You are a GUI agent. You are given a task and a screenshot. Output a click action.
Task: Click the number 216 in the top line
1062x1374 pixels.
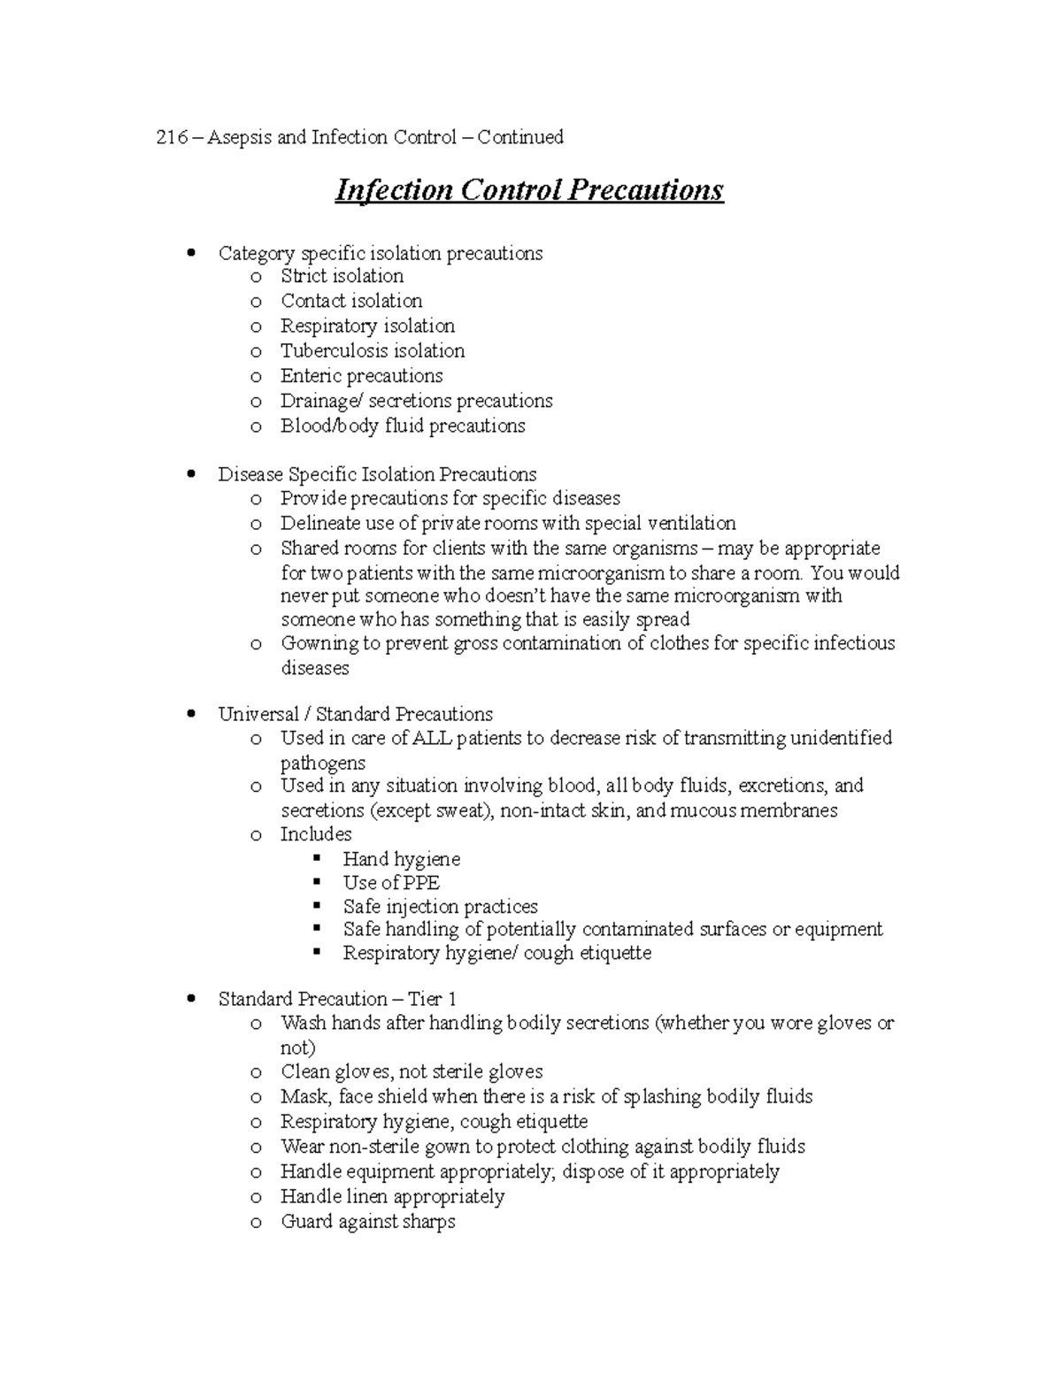coord(168,137)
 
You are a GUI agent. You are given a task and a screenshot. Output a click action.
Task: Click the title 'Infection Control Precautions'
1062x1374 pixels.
coord(529,190)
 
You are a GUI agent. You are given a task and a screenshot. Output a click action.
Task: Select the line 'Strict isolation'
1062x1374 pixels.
coord(342,276)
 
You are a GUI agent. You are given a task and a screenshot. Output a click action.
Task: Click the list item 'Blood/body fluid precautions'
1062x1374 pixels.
coord(403,426)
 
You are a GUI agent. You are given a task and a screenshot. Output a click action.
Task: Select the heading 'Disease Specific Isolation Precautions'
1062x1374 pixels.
coord(377,474)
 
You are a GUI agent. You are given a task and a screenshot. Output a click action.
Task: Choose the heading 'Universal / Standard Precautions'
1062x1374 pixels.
coord(355,714)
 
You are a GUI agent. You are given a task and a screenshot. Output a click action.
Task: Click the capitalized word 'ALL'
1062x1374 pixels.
coord(433,739)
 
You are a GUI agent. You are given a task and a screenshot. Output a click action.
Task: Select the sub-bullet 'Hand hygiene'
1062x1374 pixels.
coord(401,859)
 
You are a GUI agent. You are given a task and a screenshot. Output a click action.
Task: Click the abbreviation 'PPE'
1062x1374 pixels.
coord(421,883)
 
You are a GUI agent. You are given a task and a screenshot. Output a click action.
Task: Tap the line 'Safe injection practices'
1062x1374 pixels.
coord(440,907)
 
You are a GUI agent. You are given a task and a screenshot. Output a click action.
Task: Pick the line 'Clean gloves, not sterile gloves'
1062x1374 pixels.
coord(412,1072)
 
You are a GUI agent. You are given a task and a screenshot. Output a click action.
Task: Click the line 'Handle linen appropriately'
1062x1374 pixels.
coord(392,1197)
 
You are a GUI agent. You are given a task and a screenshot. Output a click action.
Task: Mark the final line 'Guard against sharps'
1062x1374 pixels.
coord(367,1222)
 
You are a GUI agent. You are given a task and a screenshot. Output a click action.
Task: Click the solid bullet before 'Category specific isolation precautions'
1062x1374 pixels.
coord(191,253)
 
